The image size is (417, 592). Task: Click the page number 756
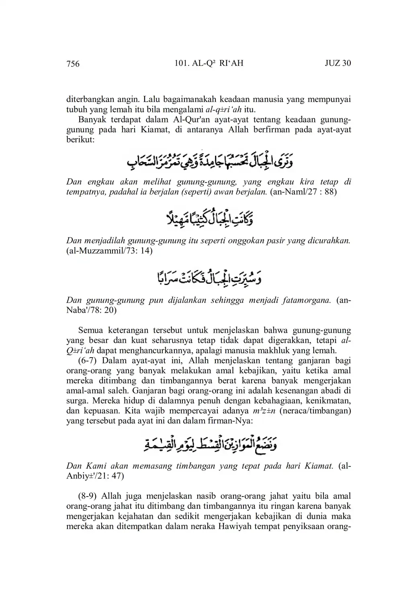click(x=73, y=63)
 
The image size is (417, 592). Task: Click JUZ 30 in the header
click(x=337, y=63)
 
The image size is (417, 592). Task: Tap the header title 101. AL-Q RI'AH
click(x=209, y=63)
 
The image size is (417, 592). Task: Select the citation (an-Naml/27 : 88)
click(x=303, y=192)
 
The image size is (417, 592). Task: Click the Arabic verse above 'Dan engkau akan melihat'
click(x=210, y=161)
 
